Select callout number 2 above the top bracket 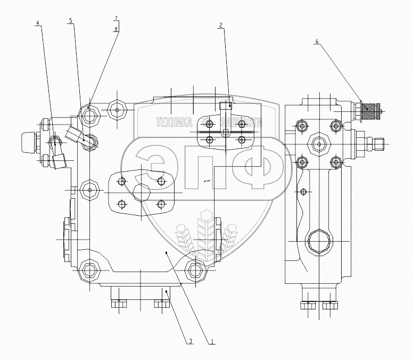(220, 25)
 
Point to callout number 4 (38, 23)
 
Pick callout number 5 (71, 21)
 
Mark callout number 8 (115, 29)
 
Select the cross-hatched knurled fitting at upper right (371, 111)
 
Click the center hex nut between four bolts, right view (318, 143)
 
